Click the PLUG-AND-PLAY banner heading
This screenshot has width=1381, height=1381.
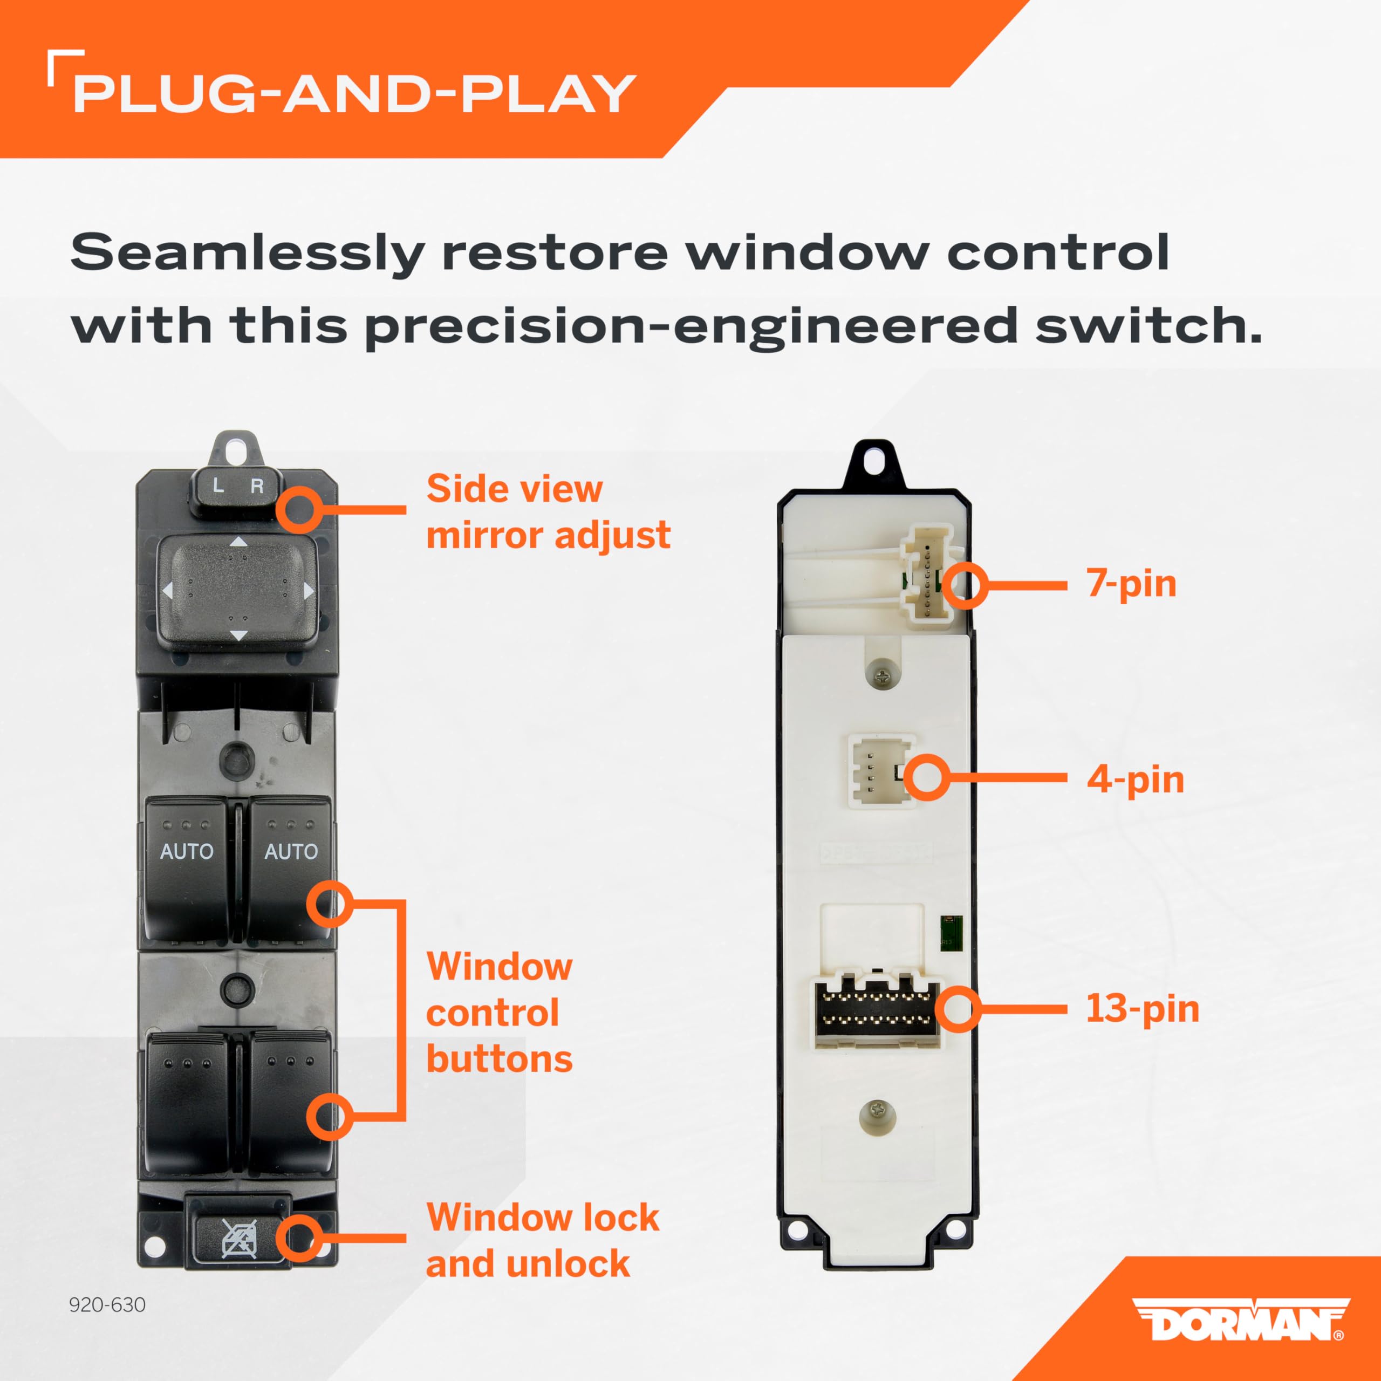tap(354, 94)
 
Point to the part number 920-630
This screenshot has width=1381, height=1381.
tap(107, 1304)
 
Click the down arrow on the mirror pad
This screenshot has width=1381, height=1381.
tap(238, 635)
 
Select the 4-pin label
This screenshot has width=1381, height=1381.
tap(1135, 780)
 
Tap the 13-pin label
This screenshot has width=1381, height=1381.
tap(1142, 1009)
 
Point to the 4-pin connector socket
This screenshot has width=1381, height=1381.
tap(881, 771)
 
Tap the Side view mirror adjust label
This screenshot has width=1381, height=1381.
tap(548, 512)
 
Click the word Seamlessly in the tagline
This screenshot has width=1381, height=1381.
tap(247, 253)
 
